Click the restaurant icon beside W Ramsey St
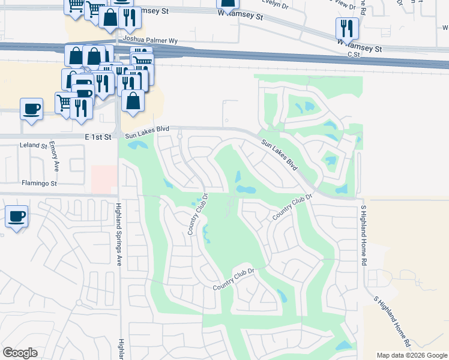click(347, 28)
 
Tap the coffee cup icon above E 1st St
click(31, 109)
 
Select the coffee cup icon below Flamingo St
click(16, 216)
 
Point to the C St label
click(353, 53)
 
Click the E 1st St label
click(98, 137)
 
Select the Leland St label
click(33, 146)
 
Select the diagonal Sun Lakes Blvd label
click(280, 154)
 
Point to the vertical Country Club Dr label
click(199, 214)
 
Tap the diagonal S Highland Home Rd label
click(391, 322)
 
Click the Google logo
click(20, 353)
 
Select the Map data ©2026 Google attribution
click(412, 355)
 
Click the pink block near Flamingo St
click(103, 179)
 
